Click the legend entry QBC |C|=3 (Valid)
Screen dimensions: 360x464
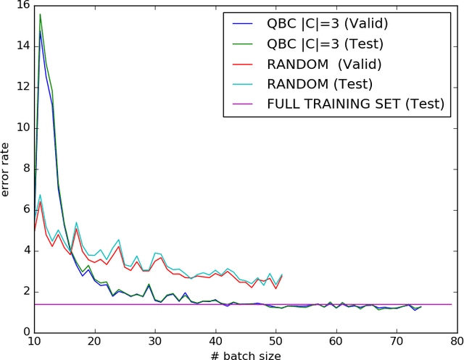pos(328,23)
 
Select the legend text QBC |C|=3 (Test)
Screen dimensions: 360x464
pos(326,43)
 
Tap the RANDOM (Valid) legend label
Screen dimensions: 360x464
pos(328,64)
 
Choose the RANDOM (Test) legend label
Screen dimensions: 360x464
pos(320,84)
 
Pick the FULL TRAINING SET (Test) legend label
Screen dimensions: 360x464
pos(355,104)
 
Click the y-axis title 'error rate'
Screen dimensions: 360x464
pos(7,168)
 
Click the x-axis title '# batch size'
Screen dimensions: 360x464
pos(245,352)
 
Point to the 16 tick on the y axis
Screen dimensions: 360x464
pos(22,5)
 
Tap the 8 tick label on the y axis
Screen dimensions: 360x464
pos(25,169)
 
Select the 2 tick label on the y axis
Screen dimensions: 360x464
pos(25,291)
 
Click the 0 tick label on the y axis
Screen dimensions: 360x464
pos(25,332)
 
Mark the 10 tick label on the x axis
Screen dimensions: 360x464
pos(34,340)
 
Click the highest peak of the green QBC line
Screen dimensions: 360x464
pos(40,14)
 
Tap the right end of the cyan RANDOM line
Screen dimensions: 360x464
pos(281,275)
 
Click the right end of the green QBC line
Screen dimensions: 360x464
pos(421,306)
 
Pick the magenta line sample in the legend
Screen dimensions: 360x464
pos(244,104)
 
